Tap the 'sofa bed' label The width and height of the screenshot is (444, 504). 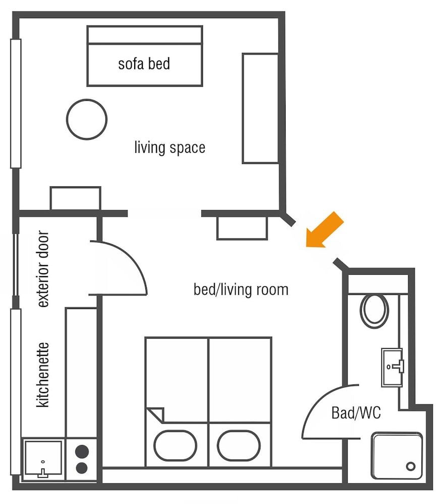coord(144,64)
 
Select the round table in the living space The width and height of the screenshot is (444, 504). coord(87,119)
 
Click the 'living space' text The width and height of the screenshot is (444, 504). coord(170,148)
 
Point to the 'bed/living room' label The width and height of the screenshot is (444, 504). coord(241,290)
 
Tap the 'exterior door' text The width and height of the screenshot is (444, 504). coord(43,269)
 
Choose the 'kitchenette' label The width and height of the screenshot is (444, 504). coord(43,375)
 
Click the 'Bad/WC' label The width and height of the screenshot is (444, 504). coord(356,413)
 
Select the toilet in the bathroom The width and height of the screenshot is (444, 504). coord(374,310)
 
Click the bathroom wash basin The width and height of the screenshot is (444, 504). coord(392,367)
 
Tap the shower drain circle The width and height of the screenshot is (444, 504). coord(411,466)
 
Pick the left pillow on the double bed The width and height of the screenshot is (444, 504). coord(176,446)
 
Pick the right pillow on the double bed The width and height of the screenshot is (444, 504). coord(239,446)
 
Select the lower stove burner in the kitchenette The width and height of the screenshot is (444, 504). coord(82,468)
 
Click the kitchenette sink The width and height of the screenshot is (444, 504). coord(43,458)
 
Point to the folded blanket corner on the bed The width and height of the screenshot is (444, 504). coord(156,415)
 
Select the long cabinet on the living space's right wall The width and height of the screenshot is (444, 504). coord(260,108)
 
